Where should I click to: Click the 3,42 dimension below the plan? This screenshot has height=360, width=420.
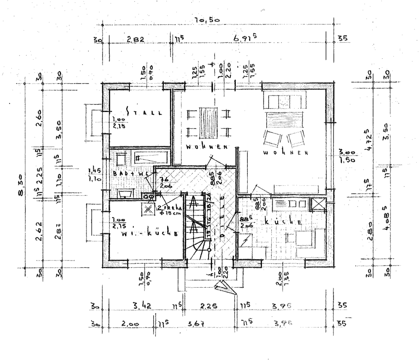pyautogui.click(x=141, y=305)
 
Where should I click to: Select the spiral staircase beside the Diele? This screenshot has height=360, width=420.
pyautogui.click(x=197, y=229)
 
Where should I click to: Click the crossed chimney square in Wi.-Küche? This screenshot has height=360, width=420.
pyautogui.click(x=148, y=209)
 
